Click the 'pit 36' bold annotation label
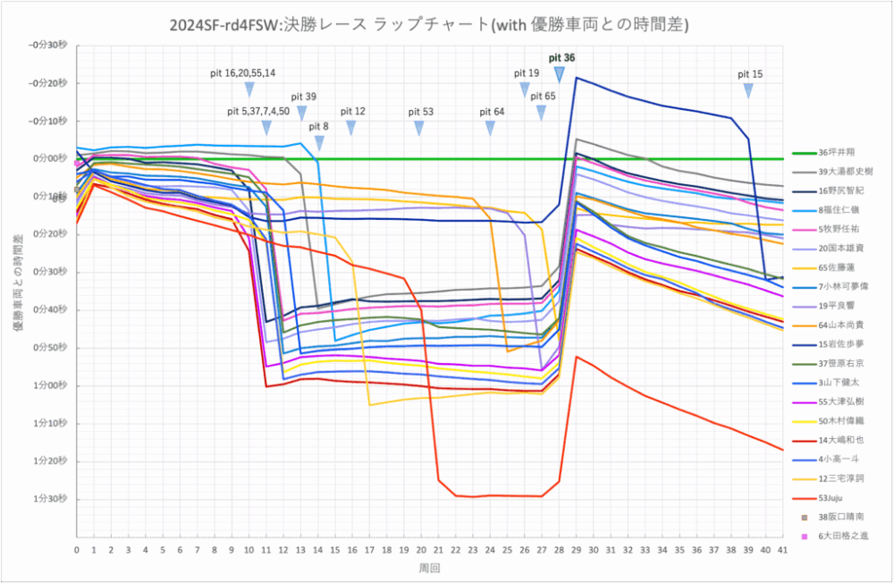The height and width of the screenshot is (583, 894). pos(561,57)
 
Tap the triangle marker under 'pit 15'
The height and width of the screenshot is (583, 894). pos(749,90)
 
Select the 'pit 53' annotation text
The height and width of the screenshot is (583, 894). pos(421,112)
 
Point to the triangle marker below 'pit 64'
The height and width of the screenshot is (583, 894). pos(491,128)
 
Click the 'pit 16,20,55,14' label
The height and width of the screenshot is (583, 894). pos(242,72)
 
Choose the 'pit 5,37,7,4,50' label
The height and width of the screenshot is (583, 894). pos(258,112)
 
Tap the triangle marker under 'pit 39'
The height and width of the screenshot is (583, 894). pos(302,113)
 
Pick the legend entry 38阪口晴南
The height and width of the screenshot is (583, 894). pos(836,517)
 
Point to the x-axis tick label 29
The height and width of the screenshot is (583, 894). pos(577,553)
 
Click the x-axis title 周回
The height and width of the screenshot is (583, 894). pos(429,568)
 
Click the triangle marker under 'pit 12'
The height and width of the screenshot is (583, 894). pos(351,128)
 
